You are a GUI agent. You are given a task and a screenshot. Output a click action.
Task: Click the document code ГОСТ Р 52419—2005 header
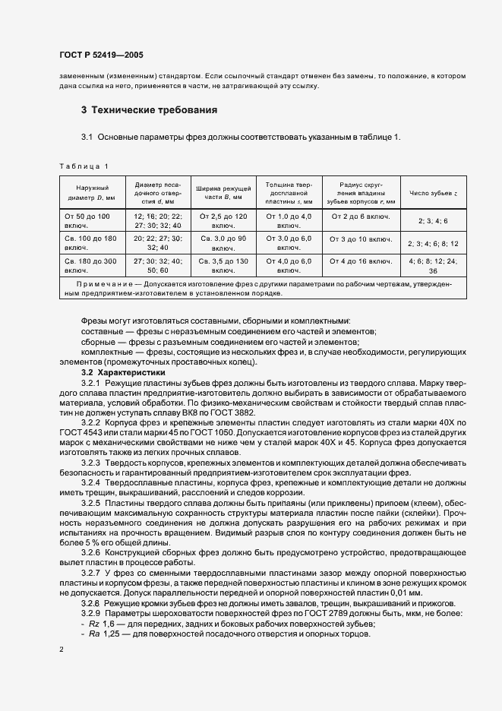click(100, 55)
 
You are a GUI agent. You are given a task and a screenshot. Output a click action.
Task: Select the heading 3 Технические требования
click(150, 110)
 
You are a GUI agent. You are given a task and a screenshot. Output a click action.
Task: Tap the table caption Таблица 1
click(84, 166)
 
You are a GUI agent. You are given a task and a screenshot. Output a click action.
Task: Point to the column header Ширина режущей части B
click(223, 192)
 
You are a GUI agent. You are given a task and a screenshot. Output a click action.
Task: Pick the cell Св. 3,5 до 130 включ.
click(223, 265)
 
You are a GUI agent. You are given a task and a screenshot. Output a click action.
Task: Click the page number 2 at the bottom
click(61, 650)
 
